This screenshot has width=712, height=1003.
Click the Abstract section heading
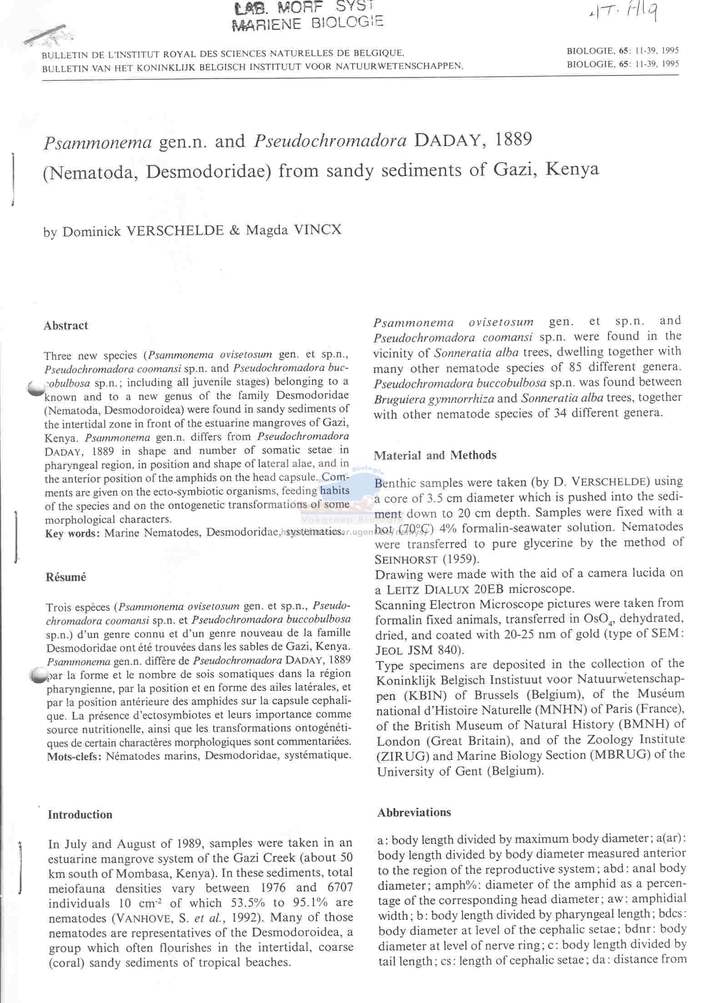click(66, 326)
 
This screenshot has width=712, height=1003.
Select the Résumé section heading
click(66, 577)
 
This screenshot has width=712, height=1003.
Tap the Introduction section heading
click(80, 814)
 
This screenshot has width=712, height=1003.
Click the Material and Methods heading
click(435, 455)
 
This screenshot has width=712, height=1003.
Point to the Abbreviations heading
click(414, 812)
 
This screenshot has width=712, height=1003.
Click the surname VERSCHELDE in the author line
click(174, 230)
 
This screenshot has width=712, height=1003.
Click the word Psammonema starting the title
click(97, 142)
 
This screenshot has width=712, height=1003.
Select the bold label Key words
click(72, 533)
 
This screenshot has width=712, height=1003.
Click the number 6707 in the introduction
click(336, 888)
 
